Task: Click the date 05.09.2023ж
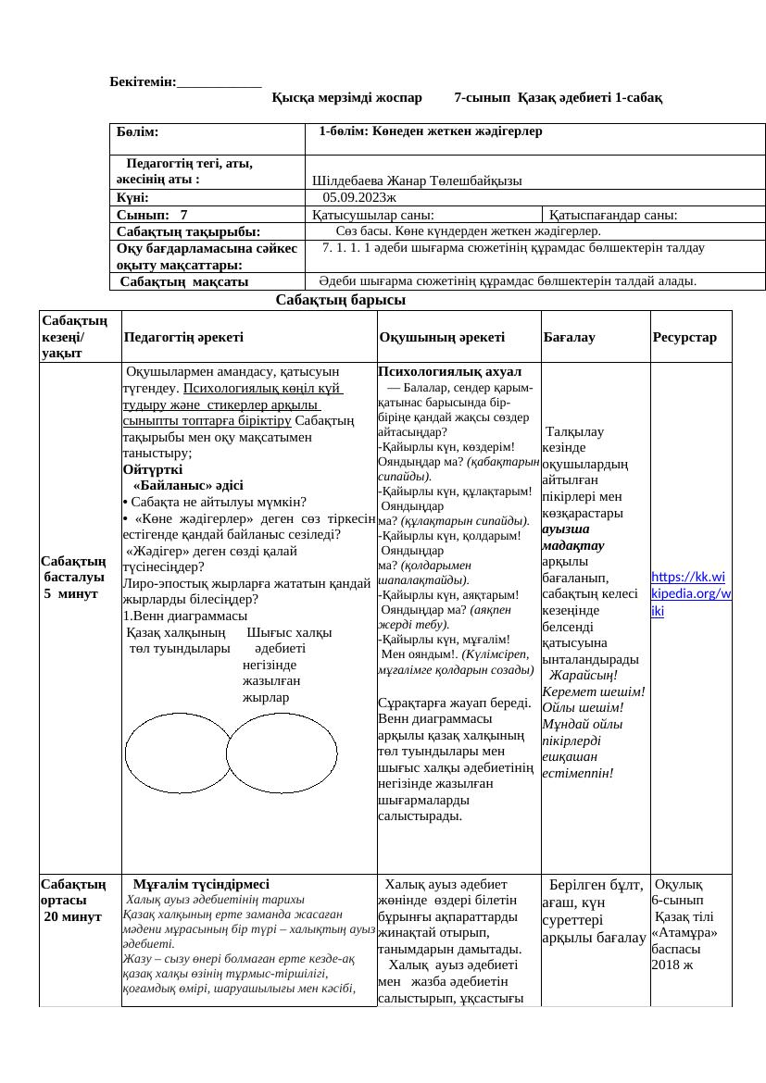click(358, 197)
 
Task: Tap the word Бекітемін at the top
click(143, 82)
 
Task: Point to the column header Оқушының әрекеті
click(441, 338)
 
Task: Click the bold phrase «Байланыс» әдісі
click(188, 484)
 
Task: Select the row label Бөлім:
click(138, 133)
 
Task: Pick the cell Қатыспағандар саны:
click(612, 215)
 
